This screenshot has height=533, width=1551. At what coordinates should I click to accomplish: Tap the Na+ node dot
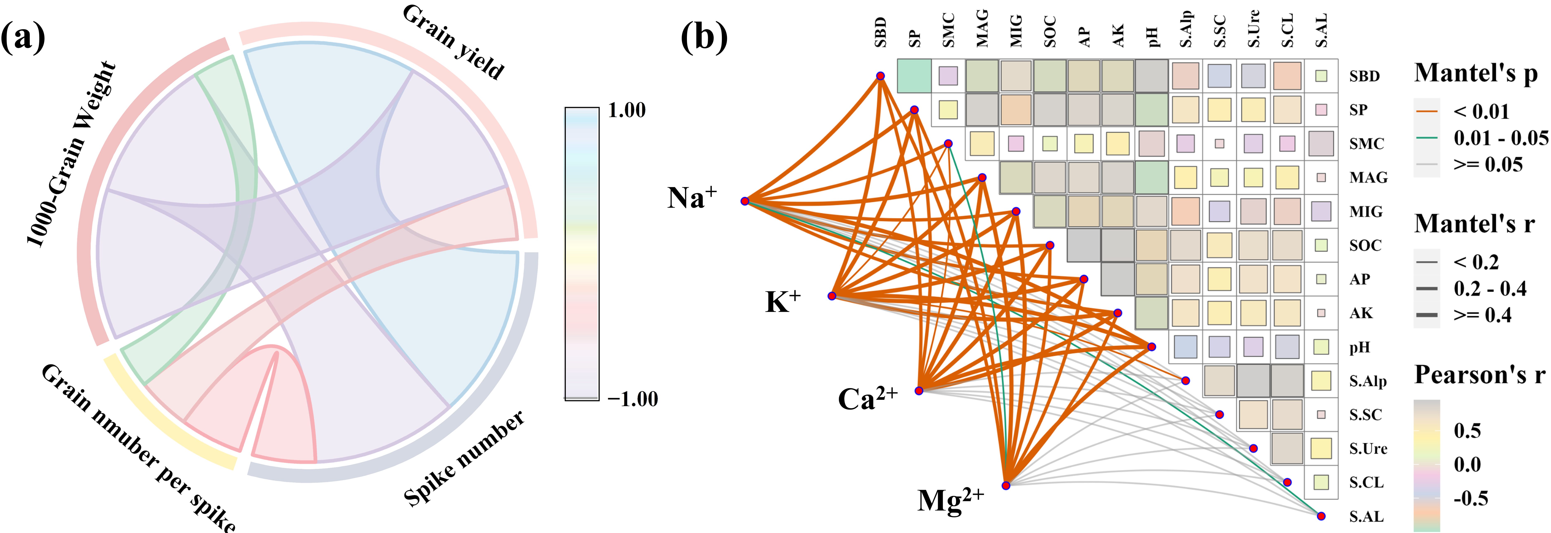pyautogui.click(x=745, y=201)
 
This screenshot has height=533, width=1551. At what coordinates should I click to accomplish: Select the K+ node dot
pyautogui.click(x=831, y=296)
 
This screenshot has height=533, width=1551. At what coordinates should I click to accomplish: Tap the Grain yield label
pyautogui.click(x=453, y=42)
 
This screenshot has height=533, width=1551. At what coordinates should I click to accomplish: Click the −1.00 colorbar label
pyautogui.click(x=632, y=399)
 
